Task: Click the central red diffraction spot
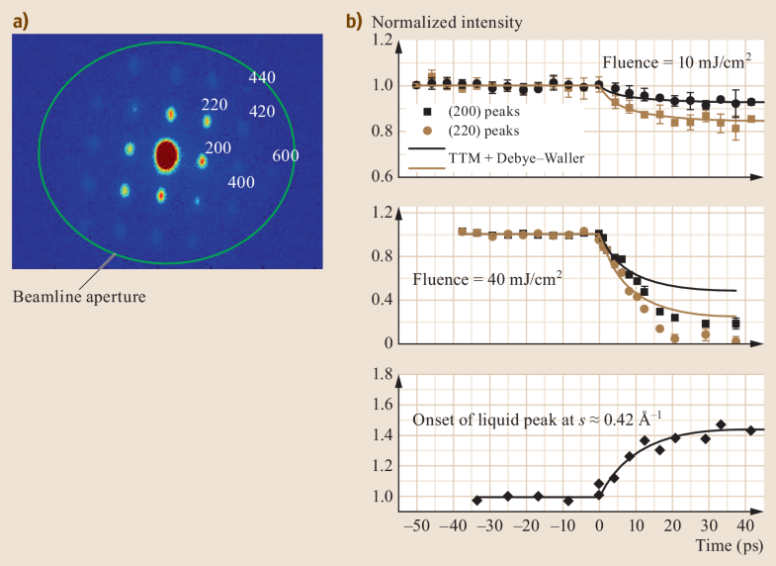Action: tap(166, 154)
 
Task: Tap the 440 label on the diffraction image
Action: tap(262, 77)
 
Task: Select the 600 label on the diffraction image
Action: tap(286, 155)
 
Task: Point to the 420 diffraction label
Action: tap(262, 112)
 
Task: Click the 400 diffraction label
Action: tap(241, 183)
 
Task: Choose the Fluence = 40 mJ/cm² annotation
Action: tap(489, 279)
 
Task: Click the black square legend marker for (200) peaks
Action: tap(426, 112)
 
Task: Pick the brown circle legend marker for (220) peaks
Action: tap(426, 130)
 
